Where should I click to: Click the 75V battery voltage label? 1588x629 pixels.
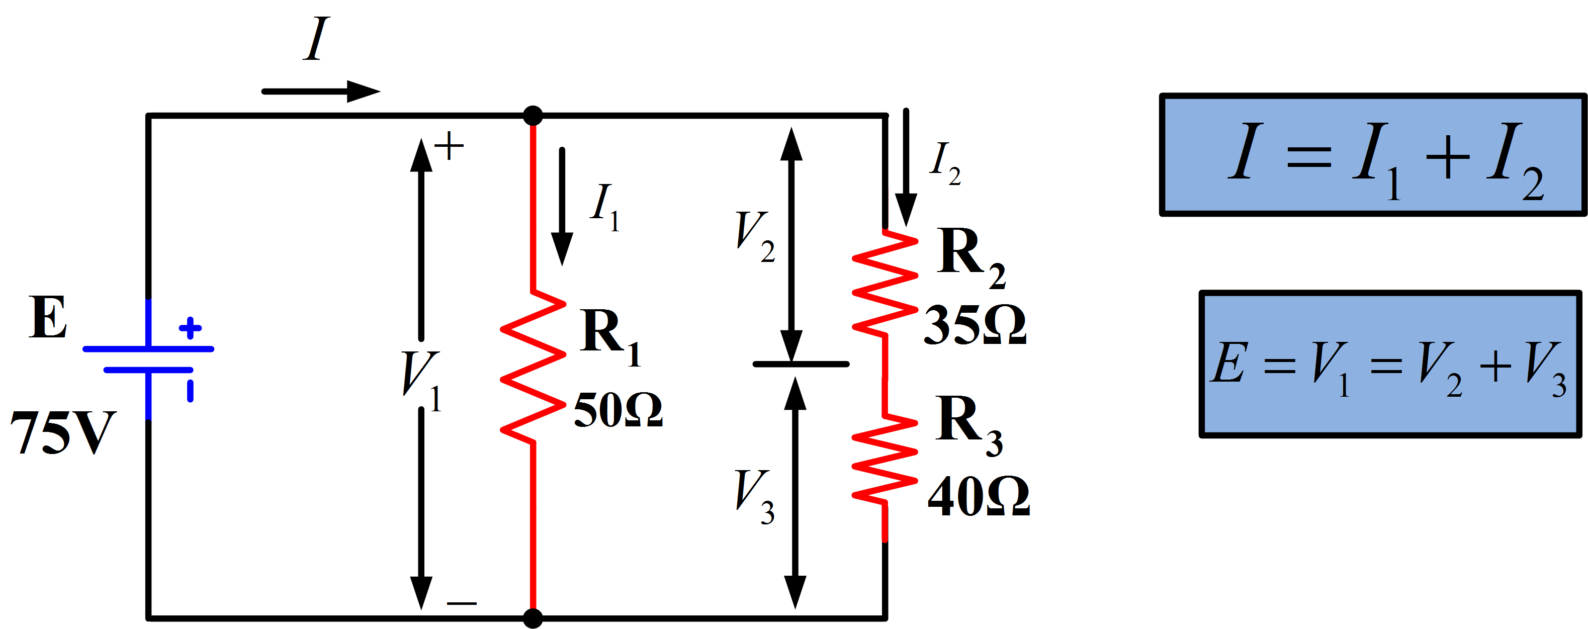click(x=63, y=432)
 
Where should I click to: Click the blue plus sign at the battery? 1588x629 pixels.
click(x=190, y=328)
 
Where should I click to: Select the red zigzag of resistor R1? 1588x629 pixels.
click(x=533, y=367)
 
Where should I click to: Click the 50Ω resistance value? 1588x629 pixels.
click(x=617, y=410)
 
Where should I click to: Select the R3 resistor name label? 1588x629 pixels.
click(x=968, y=425)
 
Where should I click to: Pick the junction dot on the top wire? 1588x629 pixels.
click(x=533, y=115)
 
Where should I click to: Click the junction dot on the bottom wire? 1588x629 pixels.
click(x=533, y=618)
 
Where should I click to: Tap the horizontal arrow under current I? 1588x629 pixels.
click(x=320, y=92)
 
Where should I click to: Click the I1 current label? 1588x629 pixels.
click(x=604, y=207)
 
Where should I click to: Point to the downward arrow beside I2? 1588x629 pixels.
click(x=906, y=166)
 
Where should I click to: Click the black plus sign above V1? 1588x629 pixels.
click(x=450, y=146)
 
